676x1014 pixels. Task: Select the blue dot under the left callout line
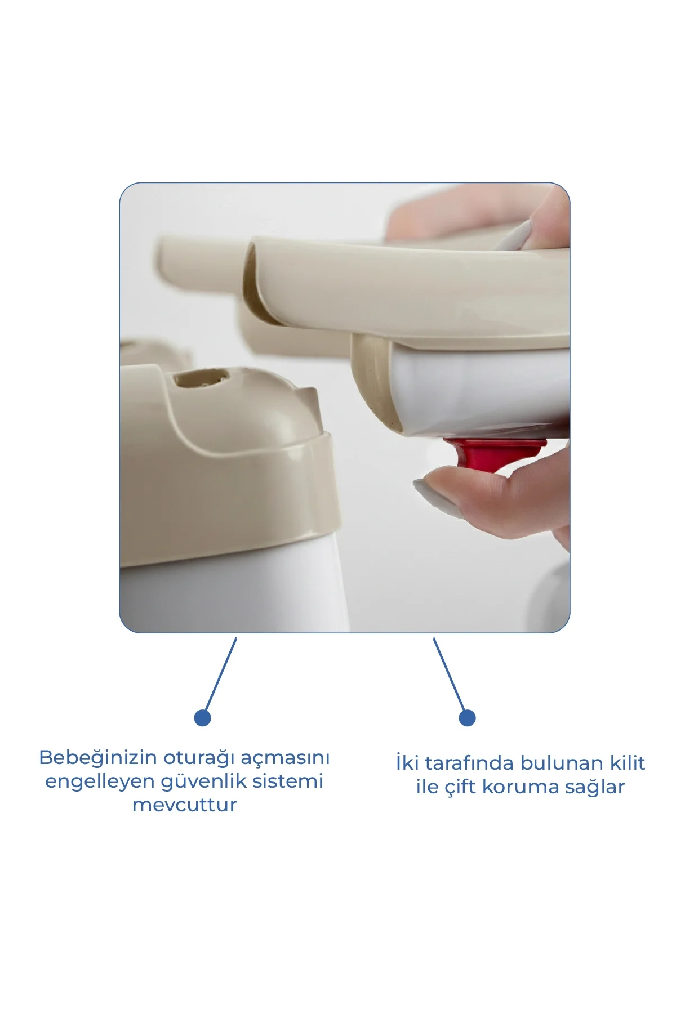[x=202, y=718]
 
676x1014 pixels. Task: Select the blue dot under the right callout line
[x=467, y=718]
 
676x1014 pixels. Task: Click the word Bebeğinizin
[x=98, y=758]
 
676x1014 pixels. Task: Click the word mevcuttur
[x=185, y=805]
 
